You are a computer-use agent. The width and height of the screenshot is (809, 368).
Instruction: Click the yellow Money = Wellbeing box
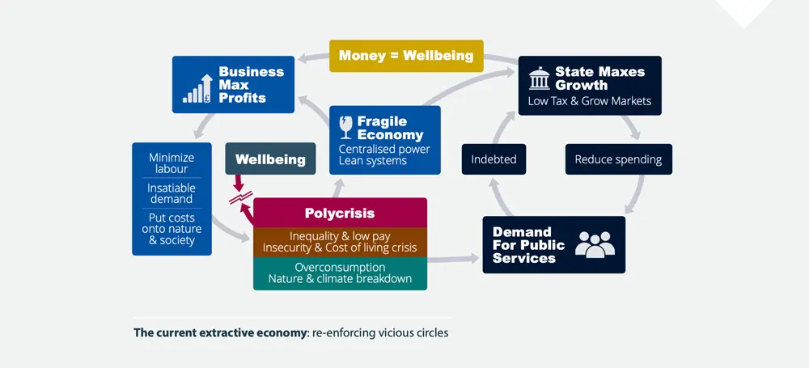[406, 56]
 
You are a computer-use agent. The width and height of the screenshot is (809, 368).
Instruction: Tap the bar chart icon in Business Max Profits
[198, 88]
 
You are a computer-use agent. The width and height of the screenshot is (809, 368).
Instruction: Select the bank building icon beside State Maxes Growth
[537, 78]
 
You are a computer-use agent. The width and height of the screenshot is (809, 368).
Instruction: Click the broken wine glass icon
[346, 128]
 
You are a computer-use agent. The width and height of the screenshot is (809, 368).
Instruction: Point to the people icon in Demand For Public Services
[595, 243]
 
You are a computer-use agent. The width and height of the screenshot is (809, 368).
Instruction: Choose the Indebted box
[493, 159]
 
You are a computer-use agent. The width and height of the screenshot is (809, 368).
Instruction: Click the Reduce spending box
[618, 159]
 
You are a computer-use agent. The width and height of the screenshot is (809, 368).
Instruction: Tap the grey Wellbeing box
[270, 159]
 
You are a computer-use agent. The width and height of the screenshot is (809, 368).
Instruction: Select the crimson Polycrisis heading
[340, 214]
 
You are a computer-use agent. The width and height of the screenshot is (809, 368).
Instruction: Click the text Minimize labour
[172, 163]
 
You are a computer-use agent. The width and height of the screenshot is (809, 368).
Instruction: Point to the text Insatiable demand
[172, 194]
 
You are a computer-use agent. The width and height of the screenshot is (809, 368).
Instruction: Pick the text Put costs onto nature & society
[172, 229]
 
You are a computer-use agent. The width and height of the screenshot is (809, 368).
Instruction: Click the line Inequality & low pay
[340, 235]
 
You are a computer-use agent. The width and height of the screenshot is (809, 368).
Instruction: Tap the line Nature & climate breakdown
[340, 279]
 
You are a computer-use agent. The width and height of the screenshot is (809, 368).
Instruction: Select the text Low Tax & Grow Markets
[589, 101]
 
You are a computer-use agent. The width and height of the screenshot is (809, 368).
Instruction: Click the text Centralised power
[384, 149]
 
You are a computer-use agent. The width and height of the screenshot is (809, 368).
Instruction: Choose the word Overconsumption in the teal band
[340, 267]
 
